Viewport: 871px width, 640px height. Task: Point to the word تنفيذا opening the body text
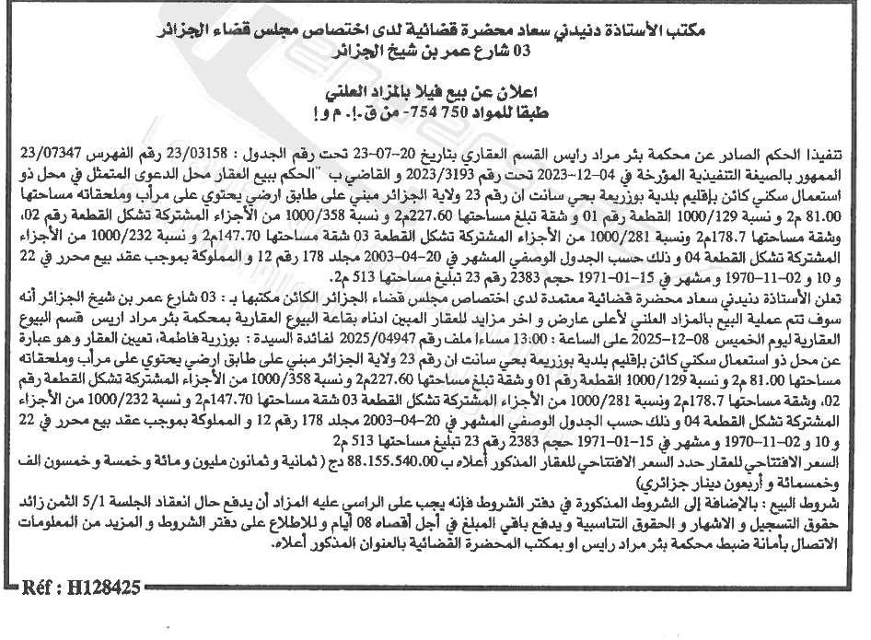[x=833, y=153]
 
